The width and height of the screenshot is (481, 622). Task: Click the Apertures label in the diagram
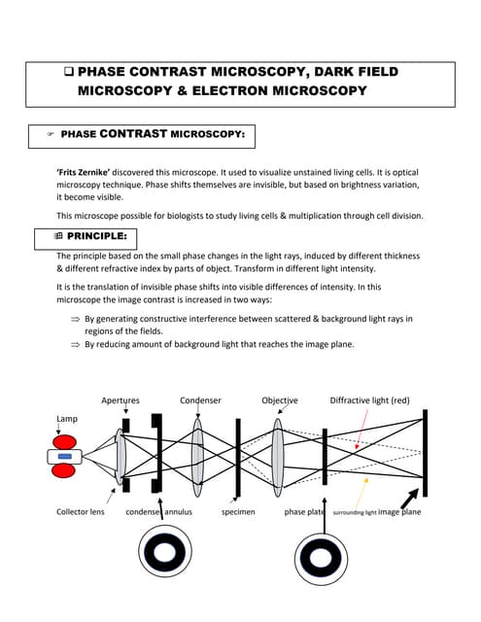click(120, 400)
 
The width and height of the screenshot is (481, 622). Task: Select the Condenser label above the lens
click(199, 400)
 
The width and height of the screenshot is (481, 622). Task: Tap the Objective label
click(280, 400)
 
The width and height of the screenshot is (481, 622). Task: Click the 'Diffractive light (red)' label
click(370, 400)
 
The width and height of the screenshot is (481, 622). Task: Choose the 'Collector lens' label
click(81, 511)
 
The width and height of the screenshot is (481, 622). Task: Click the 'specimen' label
click(238, 511)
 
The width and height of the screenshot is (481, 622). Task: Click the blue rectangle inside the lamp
click(65, 456)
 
